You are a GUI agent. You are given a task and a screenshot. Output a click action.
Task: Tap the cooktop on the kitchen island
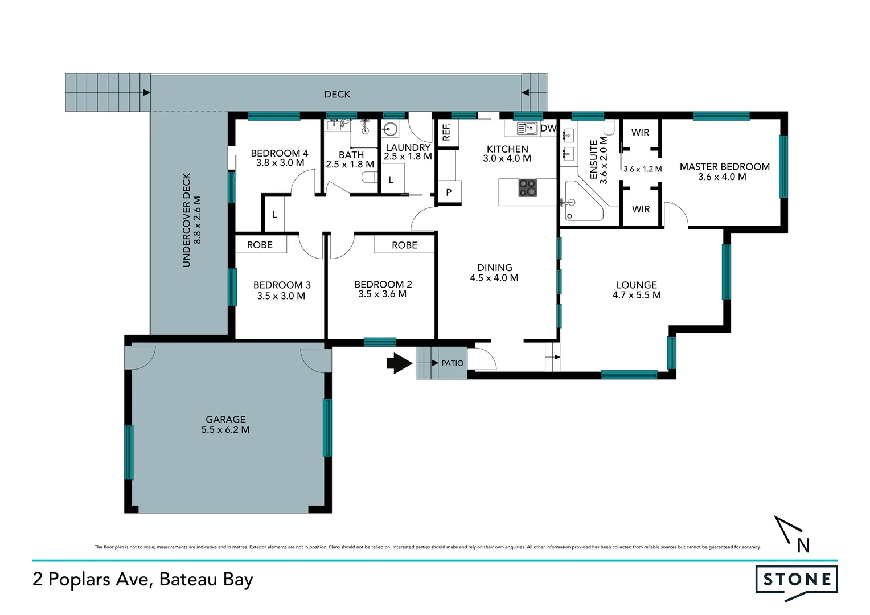click(527, 188)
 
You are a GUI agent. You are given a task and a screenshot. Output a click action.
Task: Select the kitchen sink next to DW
click(527, 128)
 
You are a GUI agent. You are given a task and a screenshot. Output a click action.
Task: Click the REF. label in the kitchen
click(446, 132)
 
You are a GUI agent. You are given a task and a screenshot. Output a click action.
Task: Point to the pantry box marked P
click(449, 192)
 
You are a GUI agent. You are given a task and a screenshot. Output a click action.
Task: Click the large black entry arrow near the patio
click(400, 363)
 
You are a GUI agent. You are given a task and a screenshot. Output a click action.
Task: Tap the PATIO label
click(452, 363)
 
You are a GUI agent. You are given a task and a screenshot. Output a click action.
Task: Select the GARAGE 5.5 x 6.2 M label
click(225, 424)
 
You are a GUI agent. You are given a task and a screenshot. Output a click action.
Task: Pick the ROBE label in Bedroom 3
click(260, 245)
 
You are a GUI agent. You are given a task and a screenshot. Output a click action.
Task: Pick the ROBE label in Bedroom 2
click(404, 245)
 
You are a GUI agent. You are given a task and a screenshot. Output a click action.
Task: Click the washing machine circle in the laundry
click(391, 130)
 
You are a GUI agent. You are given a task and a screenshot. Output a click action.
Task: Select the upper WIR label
click(640, 133)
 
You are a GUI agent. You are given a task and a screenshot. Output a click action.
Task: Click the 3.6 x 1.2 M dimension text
click(642, 169)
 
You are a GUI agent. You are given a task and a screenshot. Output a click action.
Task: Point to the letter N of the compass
click(803, 546)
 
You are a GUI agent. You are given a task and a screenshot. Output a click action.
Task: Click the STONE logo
click(797, 580)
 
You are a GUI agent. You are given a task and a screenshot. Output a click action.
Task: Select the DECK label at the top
click(337, 95)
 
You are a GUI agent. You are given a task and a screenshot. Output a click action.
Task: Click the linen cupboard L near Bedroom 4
click(274, 215)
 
